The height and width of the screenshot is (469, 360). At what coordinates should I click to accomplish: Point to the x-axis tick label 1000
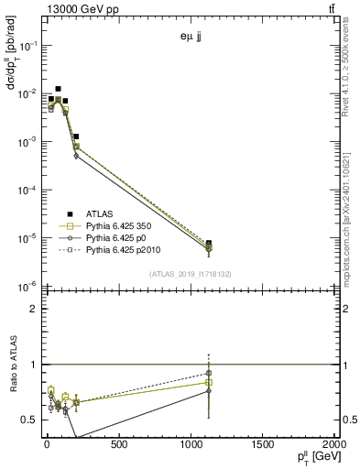pyautogui.click(x=190, y=445)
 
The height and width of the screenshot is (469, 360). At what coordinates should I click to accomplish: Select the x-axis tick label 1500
pyautogui.click(x=262, y=445)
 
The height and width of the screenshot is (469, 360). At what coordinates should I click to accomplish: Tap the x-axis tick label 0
pyautogui.click(x=47, y=445)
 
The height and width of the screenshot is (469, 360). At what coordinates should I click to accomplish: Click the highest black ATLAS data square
pyautogui.click(x=59, y=89)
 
